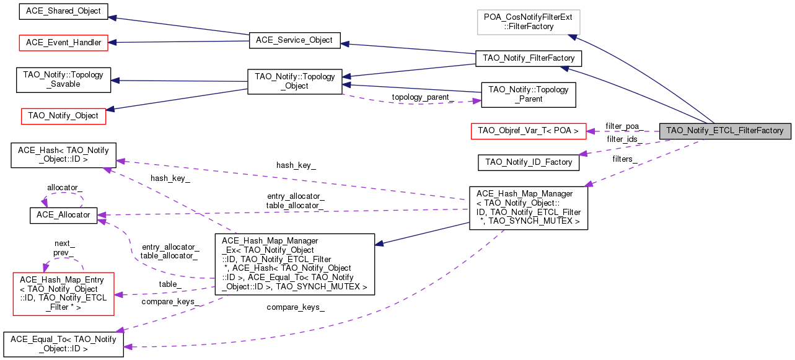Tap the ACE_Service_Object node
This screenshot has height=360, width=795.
click(294, 40)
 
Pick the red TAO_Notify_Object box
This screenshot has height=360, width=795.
click(64, 115)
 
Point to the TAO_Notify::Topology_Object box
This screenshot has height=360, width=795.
click(294, 81)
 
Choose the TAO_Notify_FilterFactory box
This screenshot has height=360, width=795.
click(528, 58)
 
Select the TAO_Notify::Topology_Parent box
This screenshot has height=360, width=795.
click(528, 94)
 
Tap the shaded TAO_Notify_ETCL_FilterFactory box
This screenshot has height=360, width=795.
click(724, 131)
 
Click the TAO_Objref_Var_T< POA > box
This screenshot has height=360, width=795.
click(529, 131)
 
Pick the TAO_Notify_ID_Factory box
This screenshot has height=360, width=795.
click(529, 162)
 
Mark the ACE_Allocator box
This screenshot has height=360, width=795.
click(60, 215)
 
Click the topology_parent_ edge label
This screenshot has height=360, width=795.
click(422, 97)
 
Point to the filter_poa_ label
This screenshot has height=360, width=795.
click(622, 126)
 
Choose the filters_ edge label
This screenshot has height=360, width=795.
click(625, 159)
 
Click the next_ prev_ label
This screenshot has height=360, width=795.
click(64, 248)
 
